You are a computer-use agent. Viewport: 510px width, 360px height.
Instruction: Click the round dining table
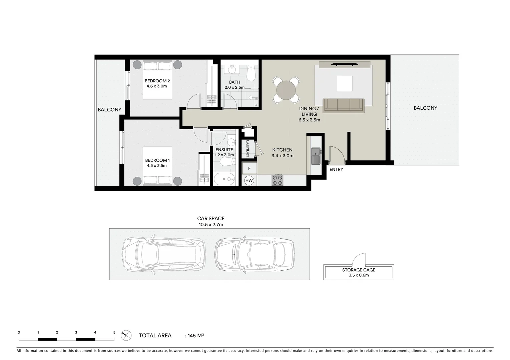[x=286, y=90]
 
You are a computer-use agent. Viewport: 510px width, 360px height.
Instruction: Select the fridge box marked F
[x=249, y=168]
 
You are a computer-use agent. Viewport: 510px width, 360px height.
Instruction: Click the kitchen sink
[x=316, y=156]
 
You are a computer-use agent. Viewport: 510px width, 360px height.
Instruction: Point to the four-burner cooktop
[x=278, y=180]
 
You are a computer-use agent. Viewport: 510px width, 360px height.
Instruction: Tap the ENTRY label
[x=336, y=170]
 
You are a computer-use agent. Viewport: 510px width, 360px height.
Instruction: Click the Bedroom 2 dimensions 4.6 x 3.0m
[x=157, y=86]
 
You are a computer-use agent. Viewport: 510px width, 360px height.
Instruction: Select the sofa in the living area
[x=344, y=105]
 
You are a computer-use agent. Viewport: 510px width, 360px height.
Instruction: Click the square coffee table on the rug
[x=344, y=83]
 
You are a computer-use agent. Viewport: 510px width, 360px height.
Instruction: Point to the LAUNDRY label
[x=248, y=148]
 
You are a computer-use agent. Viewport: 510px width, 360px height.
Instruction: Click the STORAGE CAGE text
[x=359, y=270]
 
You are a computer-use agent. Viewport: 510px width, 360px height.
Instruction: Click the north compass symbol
[x=126, y=335]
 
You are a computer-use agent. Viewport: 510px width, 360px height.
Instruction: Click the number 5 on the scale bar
[x=114, y=332]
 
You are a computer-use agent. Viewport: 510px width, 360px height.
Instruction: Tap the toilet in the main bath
[x=251, y=74]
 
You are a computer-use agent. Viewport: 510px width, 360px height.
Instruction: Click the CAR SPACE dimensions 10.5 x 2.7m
[x=211, y=225]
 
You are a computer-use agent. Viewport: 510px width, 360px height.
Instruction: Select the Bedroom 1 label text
[x=157, y=160]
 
